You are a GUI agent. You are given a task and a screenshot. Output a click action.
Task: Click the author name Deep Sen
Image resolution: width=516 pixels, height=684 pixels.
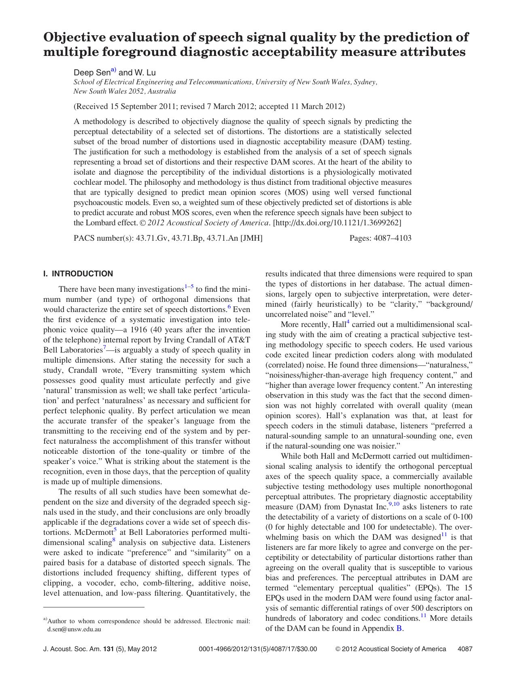(x=91, y=73)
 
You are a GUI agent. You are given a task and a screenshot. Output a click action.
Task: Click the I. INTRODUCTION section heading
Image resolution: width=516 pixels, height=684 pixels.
(x=78, y=274)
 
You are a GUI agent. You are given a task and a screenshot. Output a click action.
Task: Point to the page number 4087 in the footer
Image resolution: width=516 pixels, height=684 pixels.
(x=465, y=649)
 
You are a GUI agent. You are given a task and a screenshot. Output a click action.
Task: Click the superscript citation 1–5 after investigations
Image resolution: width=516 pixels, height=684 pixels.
(x=189, y=286)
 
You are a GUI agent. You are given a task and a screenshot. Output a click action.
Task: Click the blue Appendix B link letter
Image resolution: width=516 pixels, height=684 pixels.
(x=399, y=628)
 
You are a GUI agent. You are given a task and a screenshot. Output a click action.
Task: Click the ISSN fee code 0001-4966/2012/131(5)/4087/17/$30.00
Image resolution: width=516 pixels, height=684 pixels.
(x=258, y=649)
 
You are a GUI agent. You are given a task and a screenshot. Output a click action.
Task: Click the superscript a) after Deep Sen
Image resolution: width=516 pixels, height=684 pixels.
(x=113, y=71)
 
